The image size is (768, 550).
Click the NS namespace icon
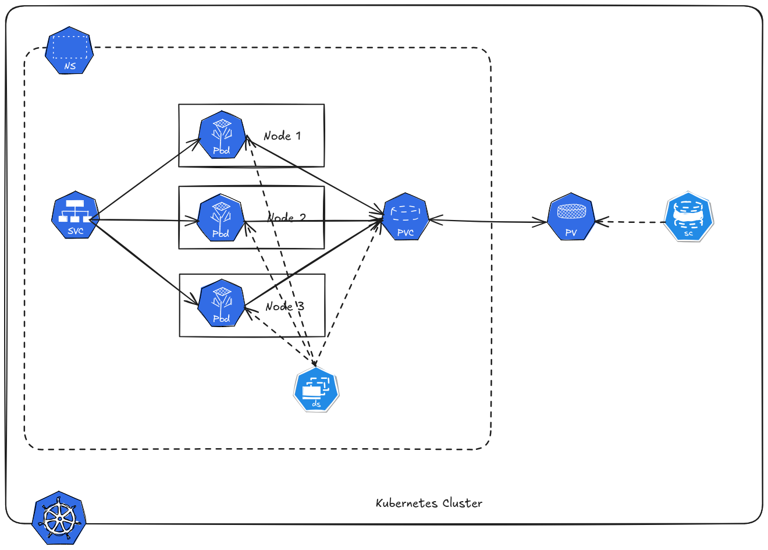(69, 50)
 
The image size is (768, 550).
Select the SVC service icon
(75, 216)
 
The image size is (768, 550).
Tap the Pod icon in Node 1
(221, 136)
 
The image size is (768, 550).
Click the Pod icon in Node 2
(221, 219)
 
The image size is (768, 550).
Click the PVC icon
(406, 217)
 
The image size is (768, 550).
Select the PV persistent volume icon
(571, 217)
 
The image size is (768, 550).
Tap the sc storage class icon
(688, 217)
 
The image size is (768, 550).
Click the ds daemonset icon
(316, 390)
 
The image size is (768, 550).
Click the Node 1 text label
(282, 136)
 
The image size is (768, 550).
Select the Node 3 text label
(285, 307)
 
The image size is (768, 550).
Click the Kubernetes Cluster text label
(429, 503)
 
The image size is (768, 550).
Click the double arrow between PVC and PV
(489, 221)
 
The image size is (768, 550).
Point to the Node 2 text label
(287, 217)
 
